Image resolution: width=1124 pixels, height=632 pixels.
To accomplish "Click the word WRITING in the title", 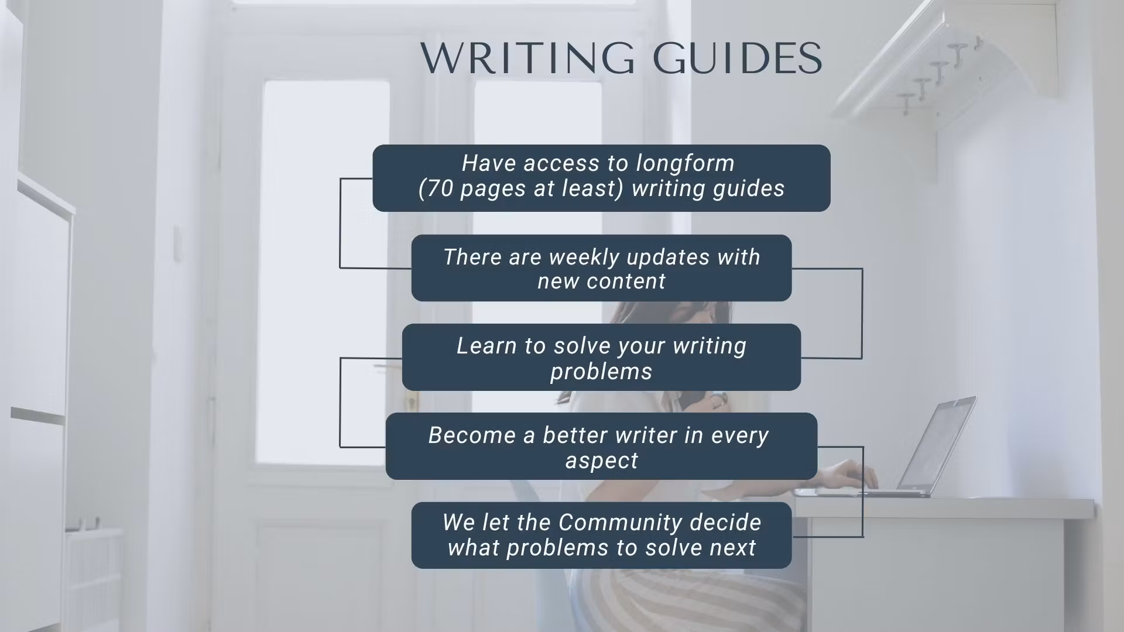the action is point(527,58).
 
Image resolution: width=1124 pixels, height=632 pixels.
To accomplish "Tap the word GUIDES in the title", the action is point(738,58).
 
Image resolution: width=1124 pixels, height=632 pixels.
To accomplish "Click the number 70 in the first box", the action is point(441,188).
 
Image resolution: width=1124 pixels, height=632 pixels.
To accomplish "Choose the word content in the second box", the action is point(626,281).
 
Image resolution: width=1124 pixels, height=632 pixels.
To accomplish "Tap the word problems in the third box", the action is point(601,372).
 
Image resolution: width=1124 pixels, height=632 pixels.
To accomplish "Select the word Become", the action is point(471,435).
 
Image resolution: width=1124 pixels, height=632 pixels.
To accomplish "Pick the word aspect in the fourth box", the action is point(602,461).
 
